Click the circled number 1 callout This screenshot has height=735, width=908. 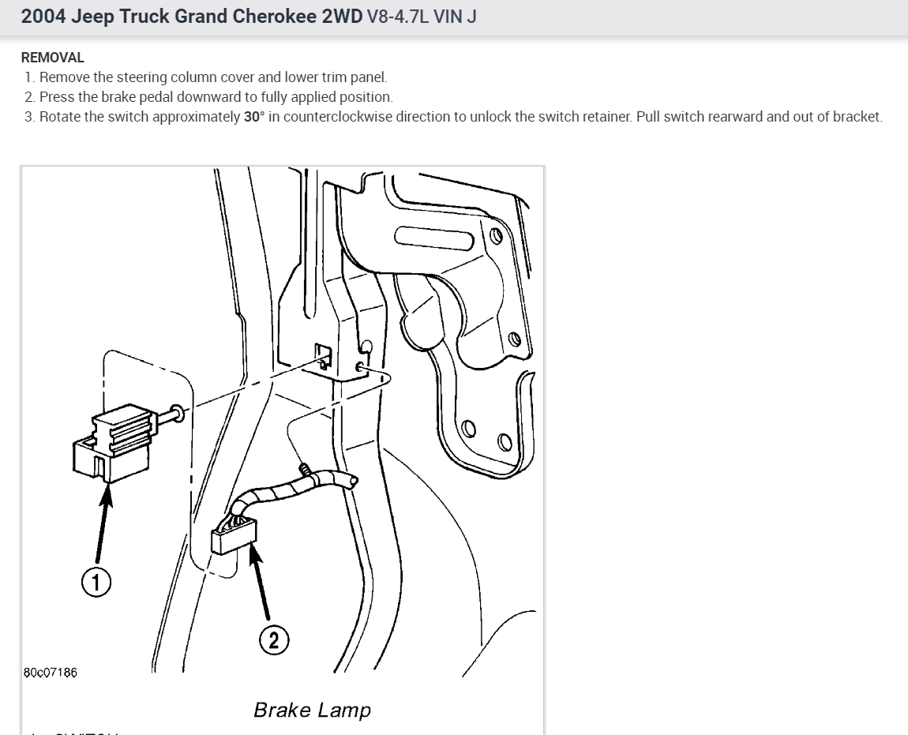(96, 583)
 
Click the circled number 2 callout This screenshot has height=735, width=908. (274, 640)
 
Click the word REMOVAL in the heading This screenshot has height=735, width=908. (52, 58)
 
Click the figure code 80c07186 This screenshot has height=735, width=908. (51, 673)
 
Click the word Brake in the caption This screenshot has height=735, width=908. (281, 710)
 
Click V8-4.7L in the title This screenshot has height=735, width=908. (398, 17)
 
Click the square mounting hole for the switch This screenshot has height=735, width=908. (323, 352)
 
